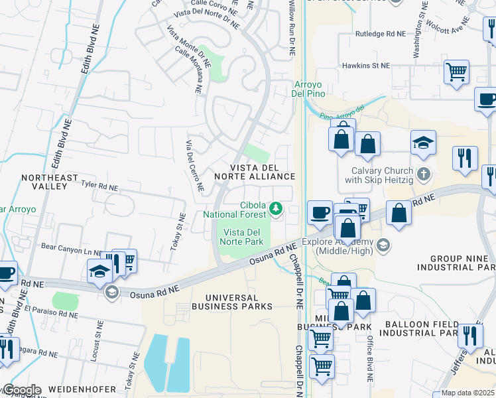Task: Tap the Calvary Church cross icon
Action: pos(425,174)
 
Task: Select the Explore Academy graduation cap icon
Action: pos(383,246)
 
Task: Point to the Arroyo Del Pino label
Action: pos(310,89)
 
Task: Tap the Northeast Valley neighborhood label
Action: pos(44,182)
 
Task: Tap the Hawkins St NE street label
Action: pos(366,66)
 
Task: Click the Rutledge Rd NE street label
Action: pos(379,33)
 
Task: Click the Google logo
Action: pos(22,389)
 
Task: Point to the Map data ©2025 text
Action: pos(467,393)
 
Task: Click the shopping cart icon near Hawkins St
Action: pos(456,72)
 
